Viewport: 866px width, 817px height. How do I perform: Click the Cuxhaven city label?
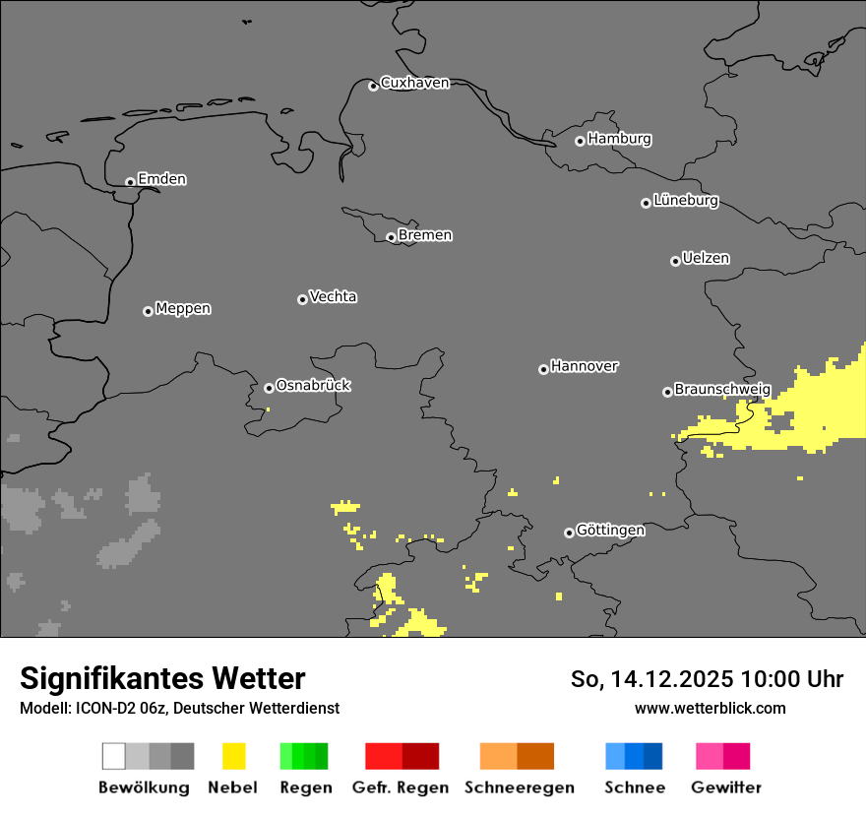[414, 84]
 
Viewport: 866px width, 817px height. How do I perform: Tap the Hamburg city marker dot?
[580, 141]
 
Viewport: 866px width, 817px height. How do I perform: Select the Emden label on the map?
[161, 179]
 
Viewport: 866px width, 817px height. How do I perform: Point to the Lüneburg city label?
[686, 201]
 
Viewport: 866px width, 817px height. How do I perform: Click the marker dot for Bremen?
[391, 237]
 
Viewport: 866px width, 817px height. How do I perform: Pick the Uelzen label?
[706, 259]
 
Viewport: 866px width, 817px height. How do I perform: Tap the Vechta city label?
[333, 296]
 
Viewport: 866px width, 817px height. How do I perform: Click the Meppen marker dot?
[148, 311]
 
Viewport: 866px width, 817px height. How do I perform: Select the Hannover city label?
[585, 366]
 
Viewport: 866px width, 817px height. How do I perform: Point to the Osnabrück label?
[313, 386]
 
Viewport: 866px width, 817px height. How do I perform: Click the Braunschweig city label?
[722, 390]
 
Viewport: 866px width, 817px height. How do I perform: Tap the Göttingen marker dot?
[569, 533]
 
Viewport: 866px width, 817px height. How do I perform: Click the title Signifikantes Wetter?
[162, 679]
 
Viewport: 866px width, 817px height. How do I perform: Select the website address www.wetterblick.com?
[710, 708]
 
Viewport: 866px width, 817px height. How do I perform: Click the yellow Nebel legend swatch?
[233, 756]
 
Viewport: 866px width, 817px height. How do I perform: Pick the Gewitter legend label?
[726, 787]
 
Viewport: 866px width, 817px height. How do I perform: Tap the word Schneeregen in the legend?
[519, 787]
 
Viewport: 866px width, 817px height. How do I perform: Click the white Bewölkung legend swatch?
[114, 756]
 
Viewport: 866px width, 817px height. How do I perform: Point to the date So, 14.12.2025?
[651, 679]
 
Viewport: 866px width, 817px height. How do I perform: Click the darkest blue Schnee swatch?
[653, 756]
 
